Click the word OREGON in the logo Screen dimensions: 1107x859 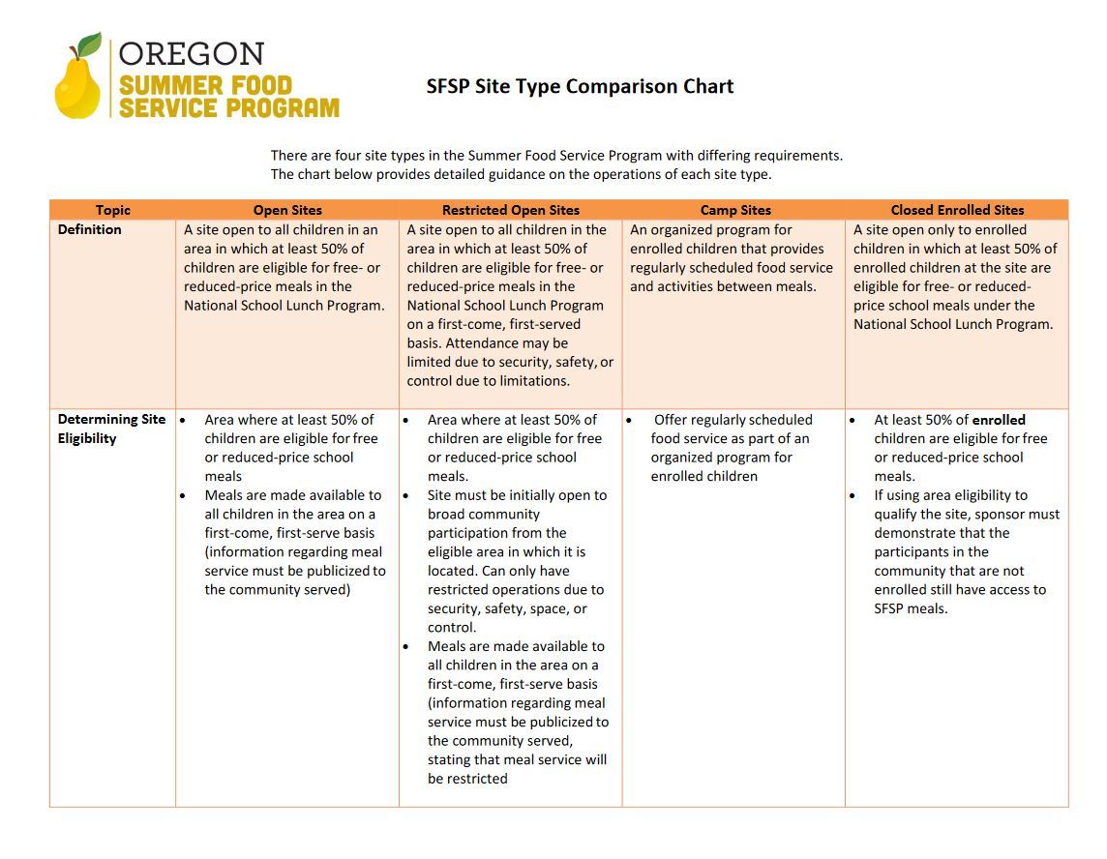pos(191,53)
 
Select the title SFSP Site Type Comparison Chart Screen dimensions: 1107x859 pos(580,86)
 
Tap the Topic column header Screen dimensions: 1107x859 pos(112,210)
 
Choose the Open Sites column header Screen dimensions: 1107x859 pos(287,210)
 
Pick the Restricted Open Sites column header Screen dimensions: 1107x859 pos(510,210)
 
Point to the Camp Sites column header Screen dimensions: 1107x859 pos(735,210)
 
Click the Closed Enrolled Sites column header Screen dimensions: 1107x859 pos(957,210)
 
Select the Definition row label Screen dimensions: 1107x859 pos(90,229)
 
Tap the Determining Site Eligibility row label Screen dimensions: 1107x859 pos(111,429)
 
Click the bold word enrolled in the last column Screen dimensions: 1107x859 pos(999,420)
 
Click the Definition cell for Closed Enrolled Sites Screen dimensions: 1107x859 pos(954,277)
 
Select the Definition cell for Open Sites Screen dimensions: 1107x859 pos(284,268)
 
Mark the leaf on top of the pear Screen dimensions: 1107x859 pos(89,44)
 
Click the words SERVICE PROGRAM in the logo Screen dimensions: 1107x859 pos(229,107)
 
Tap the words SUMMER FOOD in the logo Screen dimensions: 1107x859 pos(205,84)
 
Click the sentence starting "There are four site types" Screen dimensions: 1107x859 pos(556,155)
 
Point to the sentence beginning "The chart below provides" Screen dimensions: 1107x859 pos(521,175)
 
